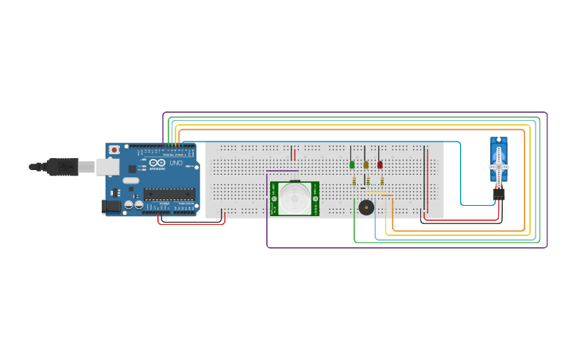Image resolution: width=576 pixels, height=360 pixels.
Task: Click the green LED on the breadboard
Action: pyautogui.click(x=352, y=165)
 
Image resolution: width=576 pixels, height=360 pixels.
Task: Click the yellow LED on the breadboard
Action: pyautogui.click(x=366, y=165)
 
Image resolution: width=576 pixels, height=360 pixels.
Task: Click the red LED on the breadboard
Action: pyautogui.click(x=380, y=165)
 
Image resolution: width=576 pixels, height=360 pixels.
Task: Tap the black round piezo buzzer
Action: pyautogui.click(x=366, y=207)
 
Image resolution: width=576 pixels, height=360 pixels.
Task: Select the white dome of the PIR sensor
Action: pyautogui.click(x=294, y=198)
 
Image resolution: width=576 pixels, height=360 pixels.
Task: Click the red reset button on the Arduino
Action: pyautogui.click(x=114, y=149)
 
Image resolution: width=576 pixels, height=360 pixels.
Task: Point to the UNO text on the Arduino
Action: pyautogui.click(x=176, y=164)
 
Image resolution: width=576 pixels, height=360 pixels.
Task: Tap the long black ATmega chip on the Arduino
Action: pyautogui.click(x=169, y=193)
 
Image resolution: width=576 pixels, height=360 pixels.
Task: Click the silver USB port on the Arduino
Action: pyautogui.click(x=108, y=167)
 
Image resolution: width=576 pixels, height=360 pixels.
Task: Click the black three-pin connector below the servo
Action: pyautogui.click(x=499, y=193)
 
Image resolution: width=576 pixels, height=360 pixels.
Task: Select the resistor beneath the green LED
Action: pyautogui.click(x=354, y=181)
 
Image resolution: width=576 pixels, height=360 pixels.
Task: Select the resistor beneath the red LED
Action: pyautogui.click(x=382, y=181)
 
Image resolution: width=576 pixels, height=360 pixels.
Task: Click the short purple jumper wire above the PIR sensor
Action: pyautogui.click(x=282, y=170)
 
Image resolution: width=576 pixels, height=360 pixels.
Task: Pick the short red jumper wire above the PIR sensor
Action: pyautogui.click(x=294, y=153)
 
